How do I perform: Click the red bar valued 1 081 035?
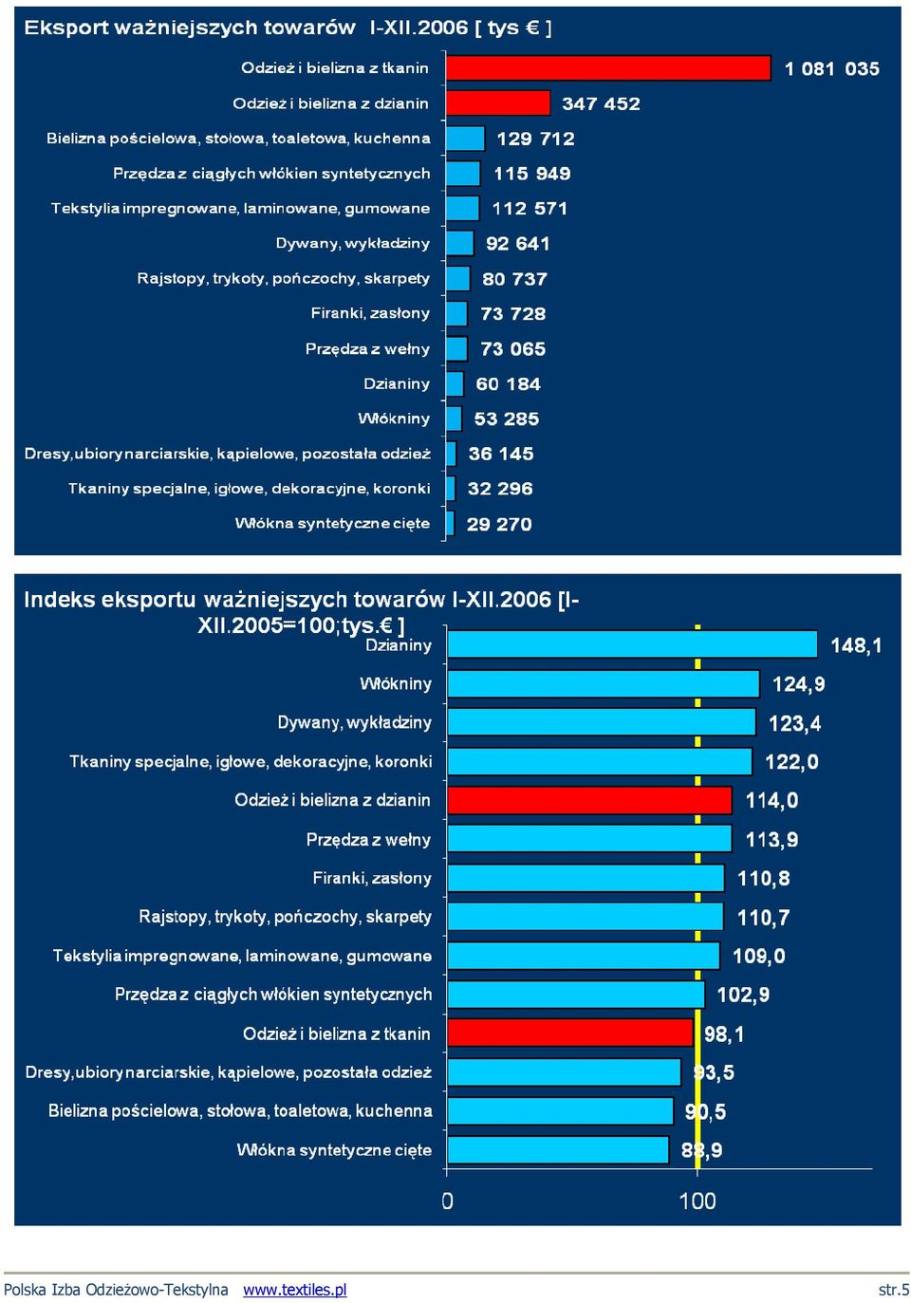pos(608,68)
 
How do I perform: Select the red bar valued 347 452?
pos(498,102)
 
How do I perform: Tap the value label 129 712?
pos(535,139)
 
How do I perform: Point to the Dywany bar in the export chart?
pos(459,243)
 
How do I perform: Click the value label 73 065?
pos(512,349)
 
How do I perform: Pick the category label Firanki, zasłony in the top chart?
pos(370,313)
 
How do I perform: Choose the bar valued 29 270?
pos(450,524)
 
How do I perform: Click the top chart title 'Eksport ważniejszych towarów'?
pos(190,28)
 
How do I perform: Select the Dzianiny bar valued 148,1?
pos(632,644)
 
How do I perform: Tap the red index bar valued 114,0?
pos(590,800)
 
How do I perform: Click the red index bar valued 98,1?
pos(570,1033)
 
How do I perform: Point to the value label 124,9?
pos(798,683)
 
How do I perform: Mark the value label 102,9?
pos(743,995)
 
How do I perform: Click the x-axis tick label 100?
pos(697,1201)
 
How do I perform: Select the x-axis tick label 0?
pos(447,1201)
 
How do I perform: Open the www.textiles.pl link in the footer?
pos(294,1290)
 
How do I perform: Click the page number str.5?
pos(894,1290)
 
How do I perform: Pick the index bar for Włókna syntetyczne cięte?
pos(558,1149)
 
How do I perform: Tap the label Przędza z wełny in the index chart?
pos(368,839)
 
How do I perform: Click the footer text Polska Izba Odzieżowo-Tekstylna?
pos(116,1290)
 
